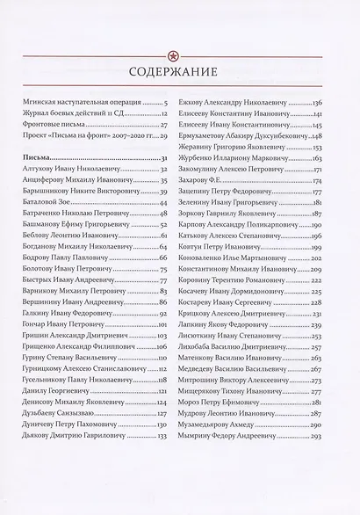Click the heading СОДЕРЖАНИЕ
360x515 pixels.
(179, 72)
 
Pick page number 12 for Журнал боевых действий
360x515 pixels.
(162, 115)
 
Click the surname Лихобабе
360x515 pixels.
(212, 346)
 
